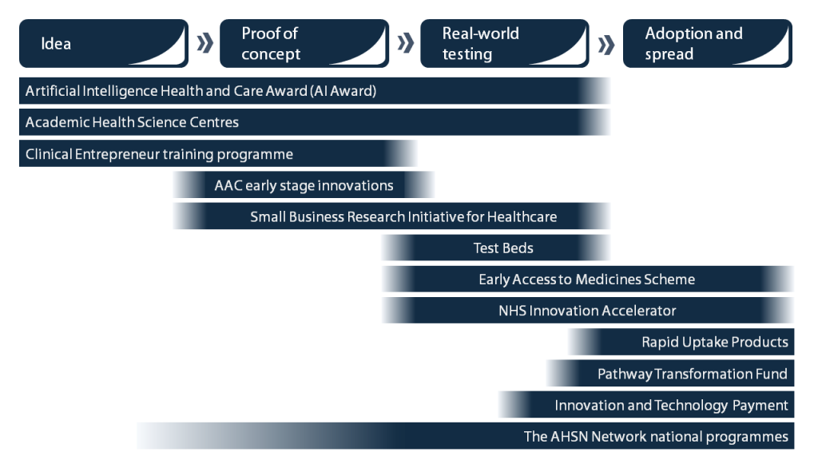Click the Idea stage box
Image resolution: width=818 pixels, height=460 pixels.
tap(103, 43)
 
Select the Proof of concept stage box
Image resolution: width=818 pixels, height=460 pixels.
tap(304, 43)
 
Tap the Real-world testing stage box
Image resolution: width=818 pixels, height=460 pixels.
tap(504, 43)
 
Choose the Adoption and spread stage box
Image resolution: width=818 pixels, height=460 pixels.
tap(707, 43)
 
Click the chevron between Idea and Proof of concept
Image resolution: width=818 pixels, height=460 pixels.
tap(204, 43)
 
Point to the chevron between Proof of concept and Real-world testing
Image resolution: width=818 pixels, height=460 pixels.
tap(405, 43)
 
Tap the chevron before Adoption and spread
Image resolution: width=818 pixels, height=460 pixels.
tap(606, 43)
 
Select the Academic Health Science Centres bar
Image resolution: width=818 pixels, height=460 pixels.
tap(312, 122)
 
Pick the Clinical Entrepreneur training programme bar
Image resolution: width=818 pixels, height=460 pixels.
tap(216, 154)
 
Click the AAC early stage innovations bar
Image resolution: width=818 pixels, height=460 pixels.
tap(304, 185)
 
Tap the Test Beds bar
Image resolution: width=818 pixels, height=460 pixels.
tap(503, 248)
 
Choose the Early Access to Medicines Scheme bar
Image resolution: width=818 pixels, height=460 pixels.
tap(587, 280)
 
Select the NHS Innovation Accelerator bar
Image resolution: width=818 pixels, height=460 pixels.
tap(587, 311)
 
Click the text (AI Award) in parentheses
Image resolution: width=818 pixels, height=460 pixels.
tap(343, 91)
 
